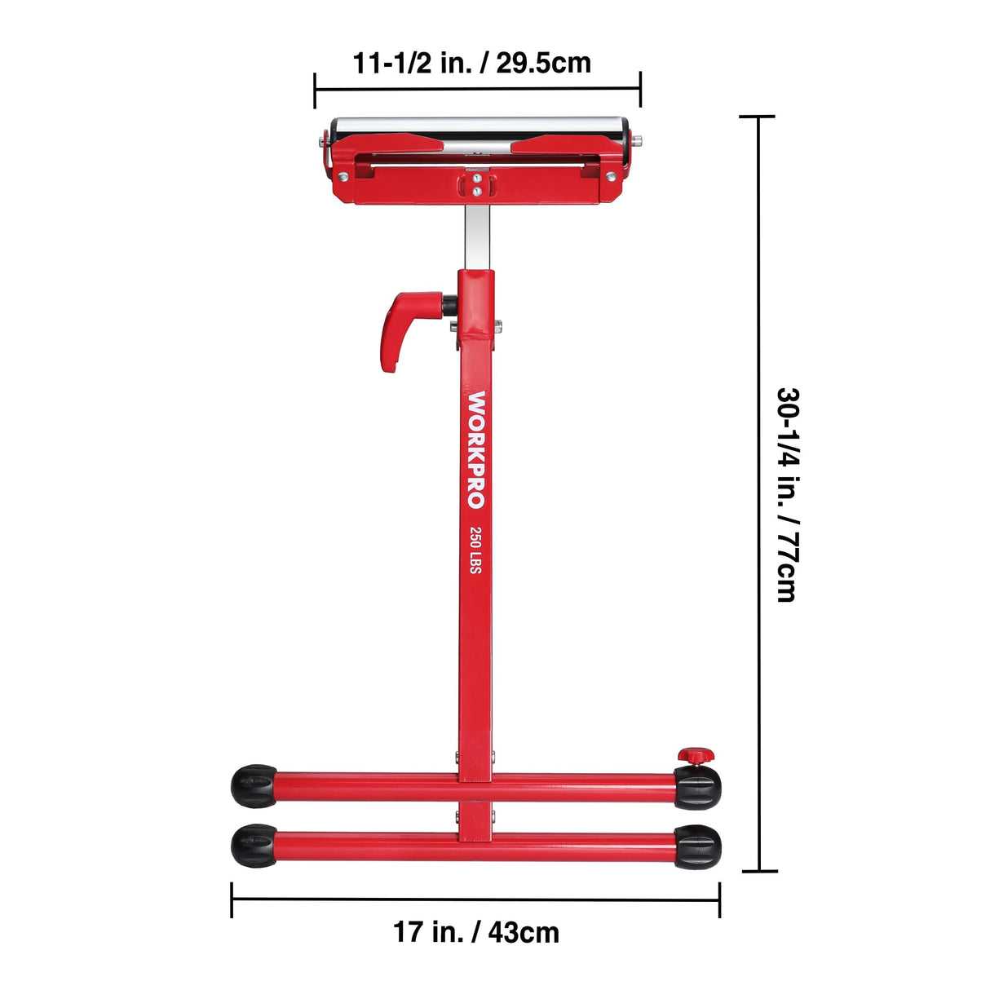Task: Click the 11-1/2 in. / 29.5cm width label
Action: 471,63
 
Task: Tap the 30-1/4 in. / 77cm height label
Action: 787,494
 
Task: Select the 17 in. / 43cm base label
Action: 476,931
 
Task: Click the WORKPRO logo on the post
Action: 476,449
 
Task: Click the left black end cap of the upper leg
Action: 254,786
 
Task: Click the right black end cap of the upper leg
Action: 697,787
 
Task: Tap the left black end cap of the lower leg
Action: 254,846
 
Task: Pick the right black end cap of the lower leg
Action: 697,846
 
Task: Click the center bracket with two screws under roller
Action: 476,183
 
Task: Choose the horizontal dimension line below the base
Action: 475,899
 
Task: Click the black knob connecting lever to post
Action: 449,306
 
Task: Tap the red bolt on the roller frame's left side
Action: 345,176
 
